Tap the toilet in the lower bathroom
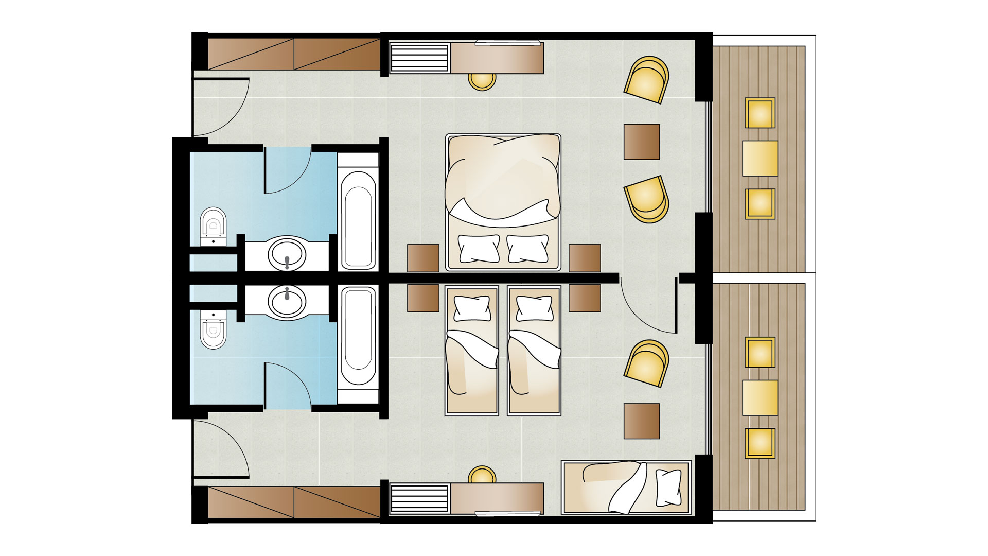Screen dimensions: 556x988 point(213,329)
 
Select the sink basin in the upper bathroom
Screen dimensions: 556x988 point(287,253)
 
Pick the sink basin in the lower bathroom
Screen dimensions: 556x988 point(287,301)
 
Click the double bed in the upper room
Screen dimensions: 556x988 point(503,202)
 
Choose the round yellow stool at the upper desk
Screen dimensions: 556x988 point(482,81)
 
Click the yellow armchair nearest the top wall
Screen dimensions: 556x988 point(647,79)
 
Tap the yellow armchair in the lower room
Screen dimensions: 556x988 point(647,362)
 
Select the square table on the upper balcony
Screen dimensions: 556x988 point(760,158)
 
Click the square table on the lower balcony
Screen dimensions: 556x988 point(760,397)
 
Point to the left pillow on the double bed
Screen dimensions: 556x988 point(479,249)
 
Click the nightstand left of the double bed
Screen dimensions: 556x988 point(423,258)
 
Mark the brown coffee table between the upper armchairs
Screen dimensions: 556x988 point(642,142)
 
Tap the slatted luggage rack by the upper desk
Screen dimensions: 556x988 point(419,58)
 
